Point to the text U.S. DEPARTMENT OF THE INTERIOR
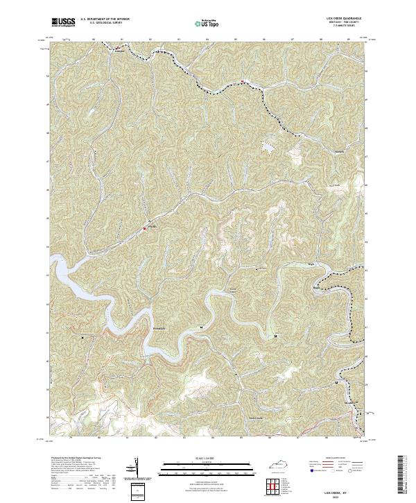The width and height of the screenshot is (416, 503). tap(105, 19)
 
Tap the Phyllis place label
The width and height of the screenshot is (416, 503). tap(153, 226)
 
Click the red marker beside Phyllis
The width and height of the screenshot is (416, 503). tap(145, 228)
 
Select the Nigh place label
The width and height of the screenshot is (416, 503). tap(311, 264)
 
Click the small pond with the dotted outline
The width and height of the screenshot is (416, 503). tap(266, 146)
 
